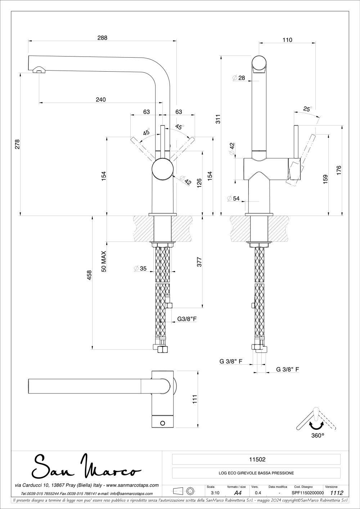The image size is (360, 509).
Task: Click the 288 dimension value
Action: coord(103,37)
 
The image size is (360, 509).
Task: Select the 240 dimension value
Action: coord(101,100)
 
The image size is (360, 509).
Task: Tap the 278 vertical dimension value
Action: coord(17,144)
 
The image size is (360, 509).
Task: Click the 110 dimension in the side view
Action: coord(287,40)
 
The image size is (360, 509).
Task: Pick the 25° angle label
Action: coord(307,109)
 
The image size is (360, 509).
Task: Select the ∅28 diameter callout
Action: coord(239,78)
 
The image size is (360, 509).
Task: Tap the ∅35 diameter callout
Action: coord(140,268)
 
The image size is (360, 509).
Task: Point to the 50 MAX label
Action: coord(104,261)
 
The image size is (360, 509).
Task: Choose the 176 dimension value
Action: coord(339,170)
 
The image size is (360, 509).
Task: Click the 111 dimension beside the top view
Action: coord(195,399)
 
